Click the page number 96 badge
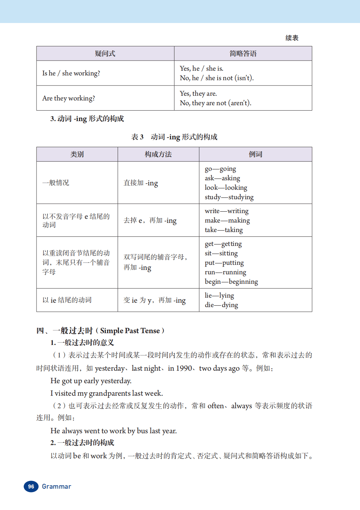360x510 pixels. coord(31,486)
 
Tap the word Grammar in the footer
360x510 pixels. coord(56,486)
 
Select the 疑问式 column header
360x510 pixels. coord(105,53)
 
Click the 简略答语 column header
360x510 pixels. coord(243,53)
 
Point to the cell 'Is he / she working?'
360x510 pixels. coord(71,73)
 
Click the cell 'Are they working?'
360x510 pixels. coord(69,98)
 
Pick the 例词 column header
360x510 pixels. coord(255,154)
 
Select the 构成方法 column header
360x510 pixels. coord(158,154)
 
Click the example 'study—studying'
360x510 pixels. coord(229,197)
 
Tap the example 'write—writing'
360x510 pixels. coord(226,211)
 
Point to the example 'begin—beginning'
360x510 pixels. coord(231,281)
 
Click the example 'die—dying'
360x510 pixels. coord(221,305)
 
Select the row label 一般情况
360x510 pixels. coord(56,183)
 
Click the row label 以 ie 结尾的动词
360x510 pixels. coord(67,300)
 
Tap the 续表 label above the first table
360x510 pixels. coord(292,38)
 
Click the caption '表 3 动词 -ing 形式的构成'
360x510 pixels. coord(174,137)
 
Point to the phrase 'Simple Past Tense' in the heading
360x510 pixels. coord(130,330)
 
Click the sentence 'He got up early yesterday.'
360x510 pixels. coord(91,381)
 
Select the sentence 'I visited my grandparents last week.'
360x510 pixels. coord(106,393)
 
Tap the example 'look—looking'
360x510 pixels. coord(226,187)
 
